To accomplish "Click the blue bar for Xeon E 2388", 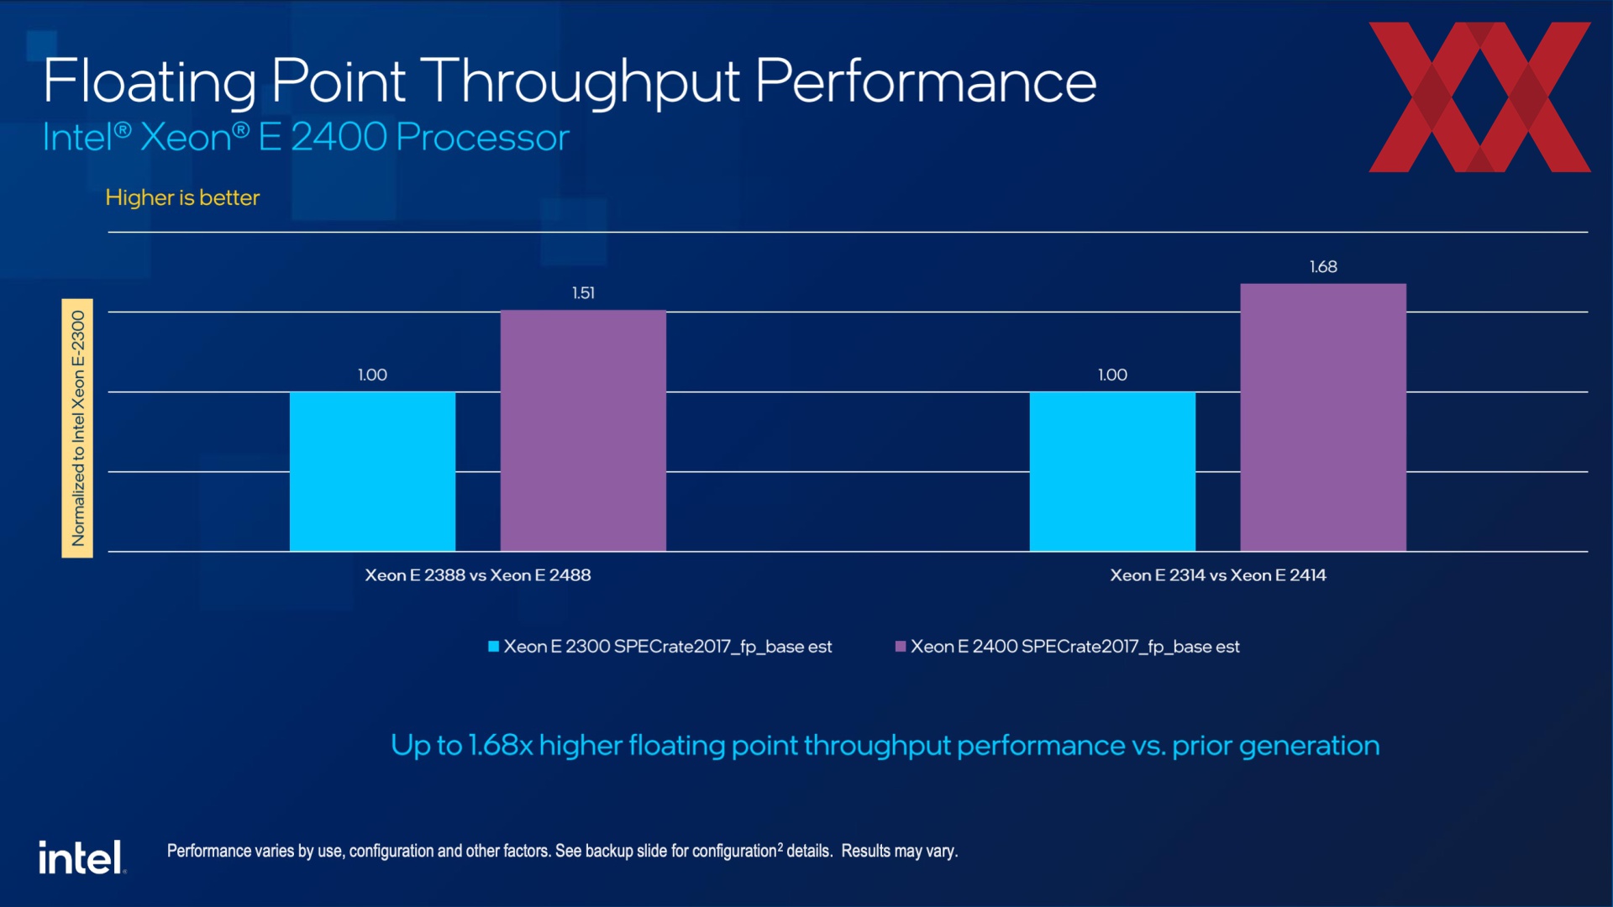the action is tap(372, 471).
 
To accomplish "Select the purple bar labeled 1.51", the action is tap(583, 431).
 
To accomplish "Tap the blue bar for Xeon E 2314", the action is tap(1112, 471).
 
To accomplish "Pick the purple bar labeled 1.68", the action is tap(1323, 417).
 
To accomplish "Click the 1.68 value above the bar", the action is tap(1323, 267).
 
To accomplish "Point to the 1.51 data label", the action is tap(583, 293).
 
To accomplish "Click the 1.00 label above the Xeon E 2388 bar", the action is tap(372, 375).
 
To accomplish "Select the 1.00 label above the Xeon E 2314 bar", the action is tap(1112, 375).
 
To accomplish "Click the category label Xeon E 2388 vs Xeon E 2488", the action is tap(477, 575).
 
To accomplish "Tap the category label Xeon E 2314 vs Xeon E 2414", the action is tap(1218, 575).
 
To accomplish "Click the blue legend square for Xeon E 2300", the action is tap(494, 647).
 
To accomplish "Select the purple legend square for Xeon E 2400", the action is tap(901, 647).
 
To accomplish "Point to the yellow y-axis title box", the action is tap(77, 428).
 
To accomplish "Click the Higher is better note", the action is tap(182, 197).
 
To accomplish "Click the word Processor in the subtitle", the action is tap(482, 138).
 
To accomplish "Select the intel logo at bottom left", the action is tap(81, 857).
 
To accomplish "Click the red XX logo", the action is tap(1479, 97).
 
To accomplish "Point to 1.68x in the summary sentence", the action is tap(500, 746).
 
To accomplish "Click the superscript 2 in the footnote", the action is tap(780, 847).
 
